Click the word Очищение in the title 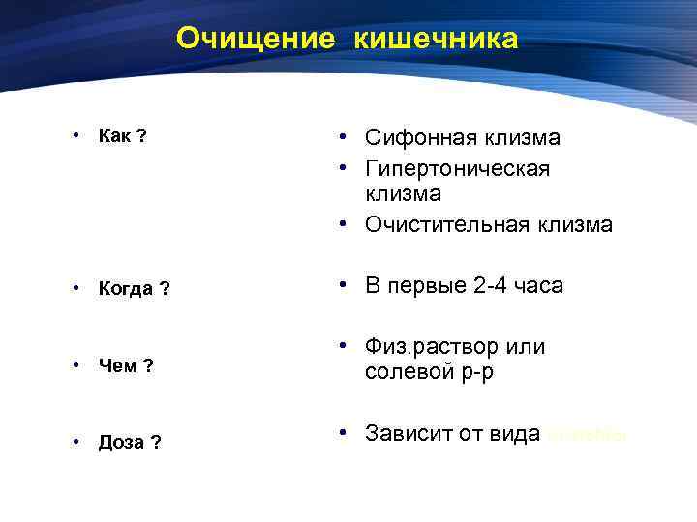(x=256, y=39)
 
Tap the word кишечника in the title (x=437, y=39)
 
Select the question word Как (x=116, y=135)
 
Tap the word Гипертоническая (x=458, y=168)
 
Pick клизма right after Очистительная (x=577, y=225)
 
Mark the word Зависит (x=410, y=433)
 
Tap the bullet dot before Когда (x=75, y=288)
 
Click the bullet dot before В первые (x=344, y=285)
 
